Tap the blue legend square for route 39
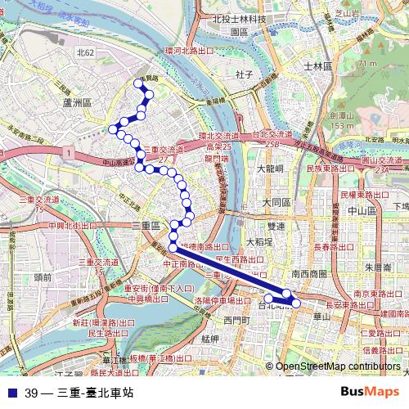click(11, 393)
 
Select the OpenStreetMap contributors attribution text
click(338, 366)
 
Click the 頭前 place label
click(43, 277)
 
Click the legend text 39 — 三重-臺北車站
click(79, 393)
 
